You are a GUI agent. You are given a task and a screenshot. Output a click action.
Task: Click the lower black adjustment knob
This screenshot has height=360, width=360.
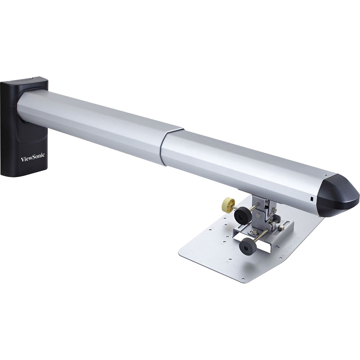(x=247, y=247)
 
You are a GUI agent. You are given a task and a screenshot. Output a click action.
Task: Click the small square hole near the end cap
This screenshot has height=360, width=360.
(x=312, y=198)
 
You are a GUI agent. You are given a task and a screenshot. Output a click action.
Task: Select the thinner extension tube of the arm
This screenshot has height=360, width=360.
(x=245, y=162)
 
